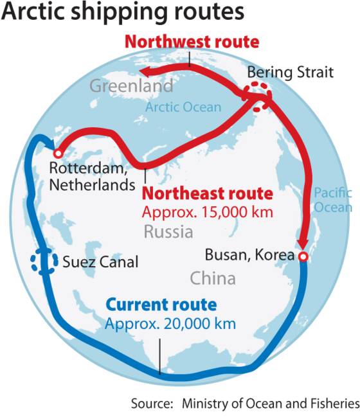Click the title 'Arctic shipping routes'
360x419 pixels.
pyautogui.click(x=122, y=13)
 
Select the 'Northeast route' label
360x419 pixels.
pyautogui.click(x=207, y=193)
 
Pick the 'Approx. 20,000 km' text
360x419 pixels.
pyautogui.click(x=170, y=323)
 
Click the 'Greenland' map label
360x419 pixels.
pyautogui.click(x=131, y=85)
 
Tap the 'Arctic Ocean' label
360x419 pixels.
pyautogui.click(x=183, y=107)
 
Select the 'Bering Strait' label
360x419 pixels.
pyautogui.click(x=290, y=72)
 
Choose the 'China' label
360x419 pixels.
pyautogui.click(x=212, y=278)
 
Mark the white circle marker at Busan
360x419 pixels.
pyautogui.click(x=303, y=256)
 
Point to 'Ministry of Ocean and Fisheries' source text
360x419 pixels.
pyautogui.click(x=270, y=404)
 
